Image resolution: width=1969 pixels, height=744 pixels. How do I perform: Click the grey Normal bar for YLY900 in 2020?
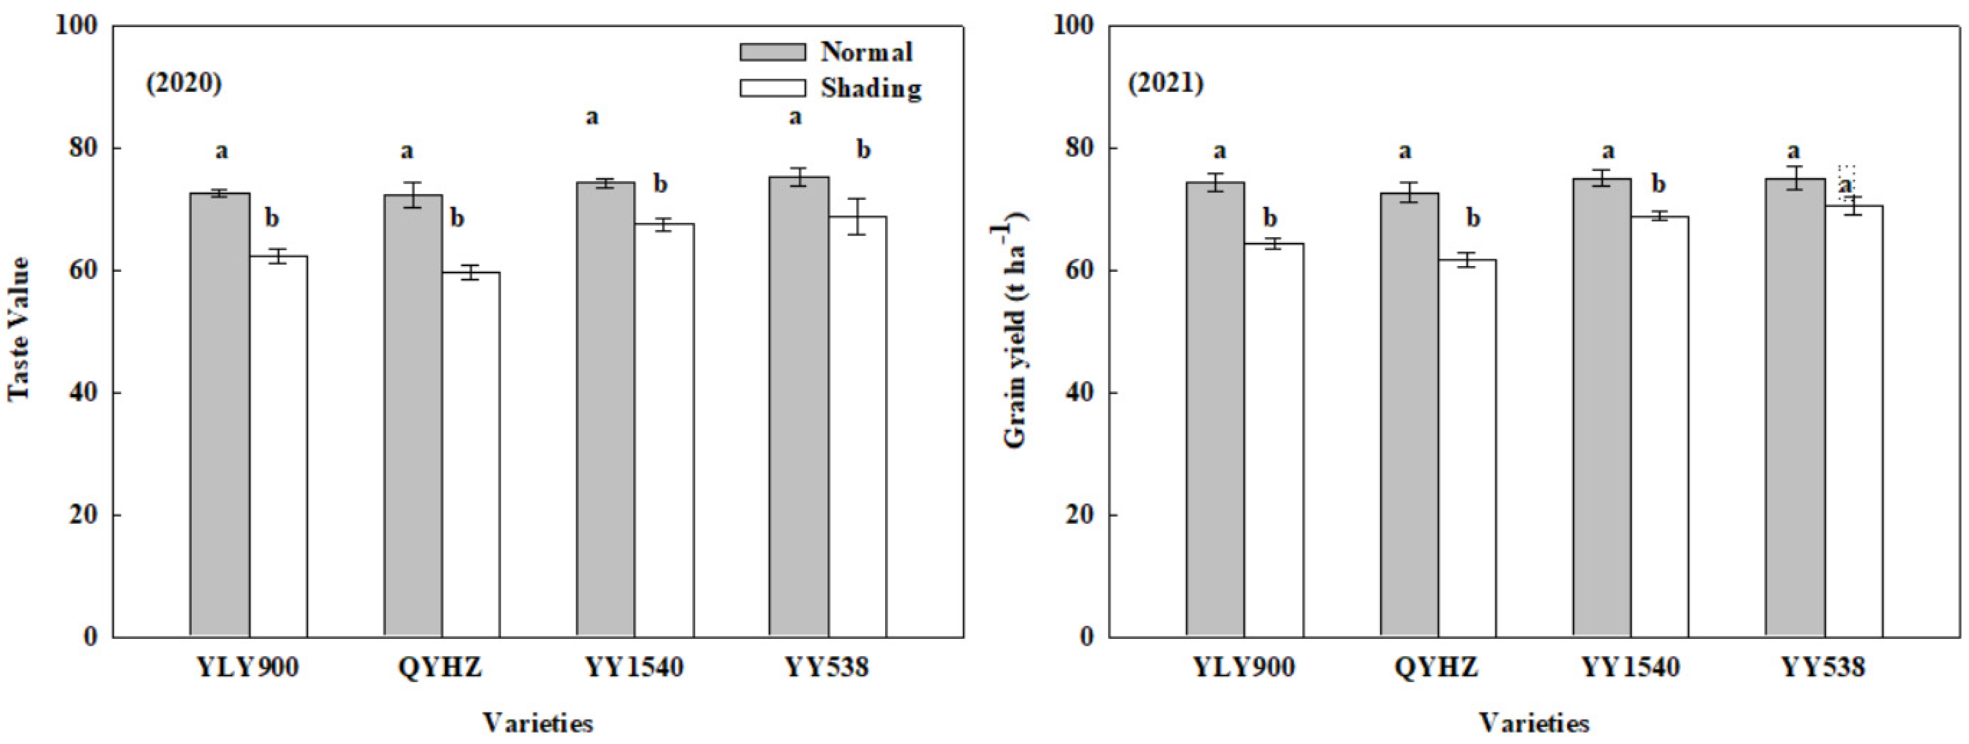[x=219, y=413]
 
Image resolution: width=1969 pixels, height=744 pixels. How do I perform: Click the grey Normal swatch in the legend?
[x=772, y=52]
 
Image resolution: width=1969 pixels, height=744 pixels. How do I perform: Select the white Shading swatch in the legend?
[x=772, y=88]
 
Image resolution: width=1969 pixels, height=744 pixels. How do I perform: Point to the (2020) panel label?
[x=184, y=83]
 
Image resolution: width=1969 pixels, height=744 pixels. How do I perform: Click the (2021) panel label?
[x=1166, y=83]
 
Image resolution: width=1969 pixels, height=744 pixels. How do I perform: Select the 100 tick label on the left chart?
[x=77, y=25]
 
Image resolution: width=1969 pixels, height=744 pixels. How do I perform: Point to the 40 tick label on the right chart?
[x=1079, y=392]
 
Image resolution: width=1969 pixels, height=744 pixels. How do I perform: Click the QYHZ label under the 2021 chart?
[x=1436, y=668]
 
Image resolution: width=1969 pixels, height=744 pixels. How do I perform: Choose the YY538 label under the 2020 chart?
[x=827, y=668]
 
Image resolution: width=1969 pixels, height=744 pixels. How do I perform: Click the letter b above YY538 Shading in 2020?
[x=863, y=150]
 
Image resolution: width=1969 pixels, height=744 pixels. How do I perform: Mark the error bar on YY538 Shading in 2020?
[x=858, y=217]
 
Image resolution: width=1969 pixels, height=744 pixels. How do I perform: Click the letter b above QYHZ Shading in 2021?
[x=1472, y=219]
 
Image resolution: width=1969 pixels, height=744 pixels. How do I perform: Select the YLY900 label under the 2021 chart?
[x=1245, y=668]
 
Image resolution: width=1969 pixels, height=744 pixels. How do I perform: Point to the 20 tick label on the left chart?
[x=84, y=515]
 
